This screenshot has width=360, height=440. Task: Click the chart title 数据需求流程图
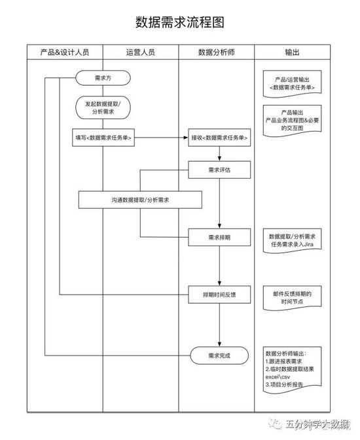pos(180,22)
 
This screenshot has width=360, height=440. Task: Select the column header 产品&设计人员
pos(65,52)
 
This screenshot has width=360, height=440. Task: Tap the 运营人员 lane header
pos(141,52)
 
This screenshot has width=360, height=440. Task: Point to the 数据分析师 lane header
pos(217,52)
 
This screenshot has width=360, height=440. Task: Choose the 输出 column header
pos(292,52)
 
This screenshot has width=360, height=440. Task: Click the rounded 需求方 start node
pos(103,78)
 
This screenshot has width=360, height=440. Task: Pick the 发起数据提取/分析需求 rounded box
pos(103,108)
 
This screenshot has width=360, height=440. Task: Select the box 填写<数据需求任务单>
pos(103,137)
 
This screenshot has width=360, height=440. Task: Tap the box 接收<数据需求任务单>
pos(219,137)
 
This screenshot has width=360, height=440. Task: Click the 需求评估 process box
pos(219,170)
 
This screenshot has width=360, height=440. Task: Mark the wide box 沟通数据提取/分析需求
pos(140,200)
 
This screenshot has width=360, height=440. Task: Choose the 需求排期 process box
pos(219,238)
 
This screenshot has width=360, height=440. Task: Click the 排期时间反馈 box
pos(219,295)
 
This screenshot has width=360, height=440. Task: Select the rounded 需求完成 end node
pos(219,356)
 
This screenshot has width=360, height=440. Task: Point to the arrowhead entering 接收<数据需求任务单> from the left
pos(186,137)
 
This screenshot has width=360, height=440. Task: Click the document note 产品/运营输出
pos(292,84)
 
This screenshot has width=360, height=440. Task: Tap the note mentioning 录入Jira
pos(292,240)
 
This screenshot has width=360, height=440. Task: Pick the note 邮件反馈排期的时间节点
pos(292,298)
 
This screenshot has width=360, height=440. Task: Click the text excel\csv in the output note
pos(278,377)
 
